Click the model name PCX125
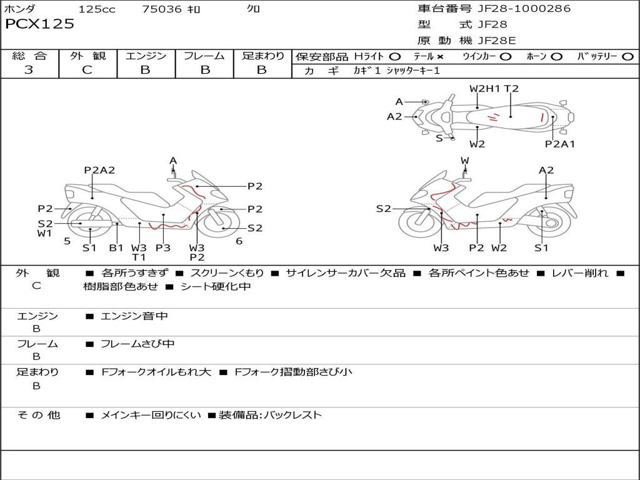pos(40,24)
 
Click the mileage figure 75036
pos(162,9)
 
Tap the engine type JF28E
pos(497,41)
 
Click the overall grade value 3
pos(29,70)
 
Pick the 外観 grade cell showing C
pos(87,70)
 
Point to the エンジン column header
pos(146,56)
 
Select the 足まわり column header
pos(263,56)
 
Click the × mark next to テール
pos(440,56)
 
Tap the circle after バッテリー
pos(627,56)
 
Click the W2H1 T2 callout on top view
pos(494,89)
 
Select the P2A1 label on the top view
pos(560,144)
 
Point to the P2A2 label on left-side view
pos(99,170)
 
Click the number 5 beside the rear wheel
pos(67,241)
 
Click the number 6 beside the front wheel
pos(239,241)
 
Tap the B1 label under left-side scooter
pos(116,247)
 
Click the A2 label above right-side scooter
pos(546,170)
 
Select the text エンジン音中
pos(134,316)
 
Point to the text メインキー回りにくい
pos(151,415)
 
